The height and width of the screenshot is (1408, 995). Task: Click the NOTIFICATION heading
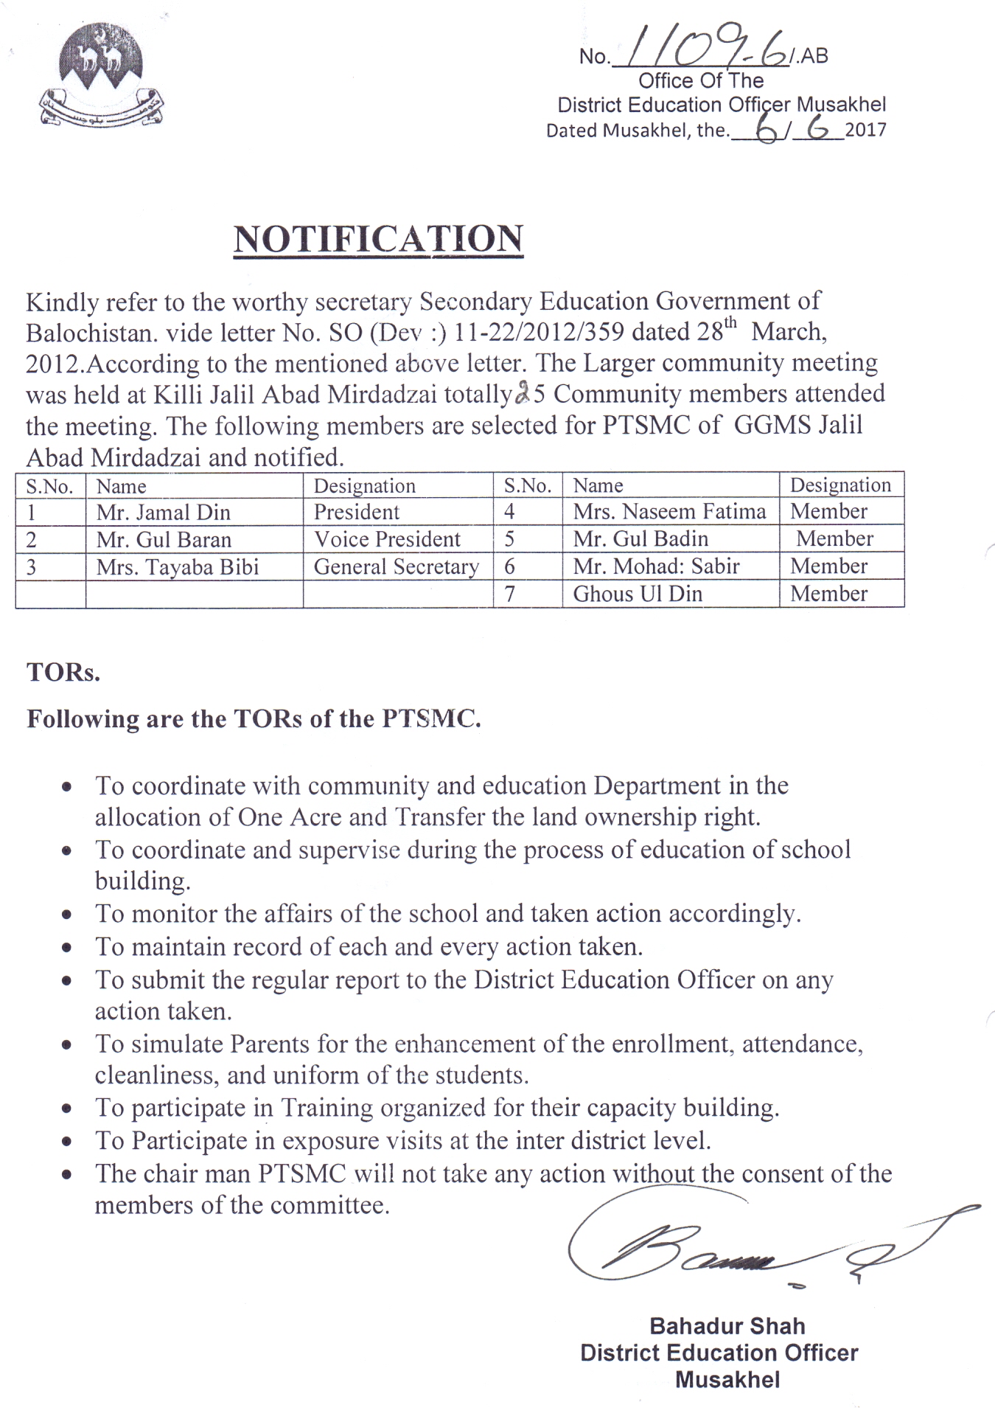(378, 240)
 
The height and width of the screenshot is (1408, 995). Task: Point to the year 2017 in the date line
(865, 131)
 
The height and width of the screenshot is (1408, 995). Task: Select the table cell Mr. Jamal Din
(164, 513)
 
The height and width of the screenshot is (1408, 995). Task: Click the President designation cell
(357, 513)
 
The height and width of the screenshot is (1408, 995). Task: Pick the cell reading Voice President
(387, 540)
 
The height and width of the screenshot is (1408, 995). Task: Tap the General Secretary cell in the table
(397, 567)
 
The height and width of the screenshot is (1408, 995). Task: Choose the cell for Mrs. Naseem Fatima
(669, 512)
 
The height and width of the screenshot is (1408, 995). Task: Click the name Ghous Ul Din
(638, 594)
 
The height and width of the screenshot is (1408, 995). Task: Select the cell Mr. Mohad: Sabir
(656, 566)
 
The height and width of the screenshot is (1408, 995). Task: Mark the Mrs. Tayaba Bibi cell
(178, 567)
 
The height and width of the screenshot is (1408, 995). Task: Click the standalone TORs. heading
(63, 673)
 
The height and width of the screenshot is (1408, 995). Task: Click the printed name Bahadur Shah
(727, 1326)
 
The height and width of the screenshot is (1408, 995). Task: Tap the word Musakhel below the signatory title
(727, 1379)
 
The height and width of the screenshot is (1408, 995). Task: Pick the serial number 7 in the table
(510, 594)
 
